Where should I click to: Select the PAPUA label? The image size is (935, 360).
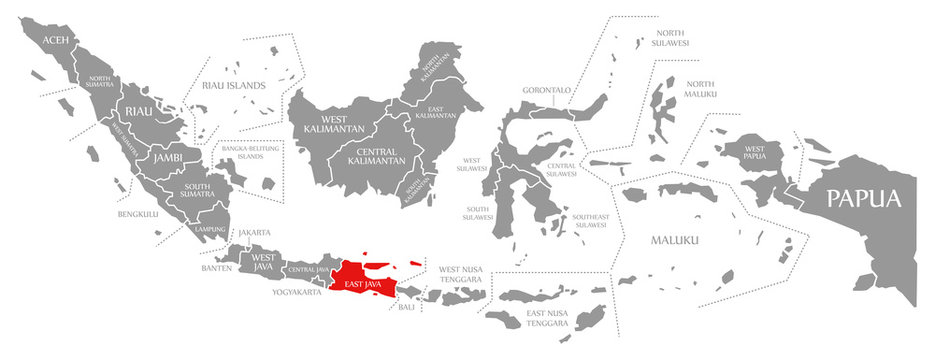pos(863,197)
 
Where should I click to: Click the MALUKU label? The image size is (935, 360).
pos(675,240)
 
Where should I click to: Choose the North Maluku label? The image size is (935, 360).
pos(700,89)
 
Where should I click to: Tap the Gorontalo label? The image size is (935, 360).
pos(546,90)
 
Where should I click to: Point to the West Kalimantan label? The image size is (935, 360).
pos(325,125)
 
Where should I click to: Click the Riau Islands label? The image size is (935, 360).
pos(233,85)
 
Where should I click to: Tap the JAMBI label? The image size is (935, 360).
pos(167,157)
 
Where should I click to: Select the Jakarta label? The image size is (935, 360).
pos(254,232)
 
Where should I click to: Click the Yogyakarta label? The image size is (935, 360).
pos(297,293)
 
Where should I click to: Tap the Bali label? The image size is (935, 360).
pos(406,307)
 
